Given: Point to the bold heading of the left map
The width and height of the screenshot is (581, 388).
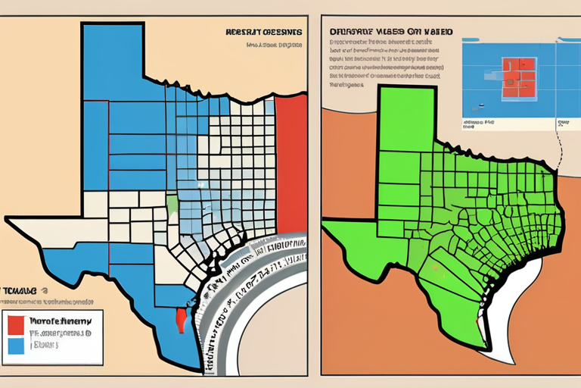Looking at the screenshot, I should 263,33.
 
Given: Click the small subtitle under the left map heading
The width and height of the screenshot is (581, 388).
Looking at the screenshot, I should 273,45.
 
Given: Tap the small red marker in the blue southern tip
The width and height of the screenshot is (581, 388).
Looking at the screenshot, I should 180,319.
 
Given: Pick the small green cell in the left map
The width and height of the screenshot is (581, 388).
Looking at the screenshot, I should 172,205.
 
